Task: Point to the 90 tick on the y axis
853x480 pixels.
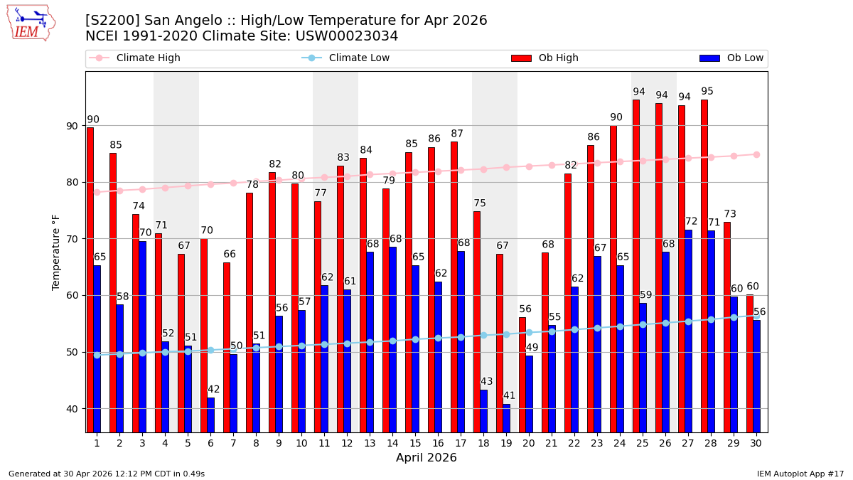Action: click(73, 126)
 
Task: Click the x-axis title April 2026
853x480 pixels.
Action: click(426, 458)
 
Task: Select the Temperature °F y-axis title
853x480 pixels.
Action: click(56, 252)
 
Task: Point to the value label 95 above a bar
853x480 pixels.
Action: click(707, 92)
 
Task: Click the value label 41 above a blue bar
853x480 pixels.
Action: click(509, 396)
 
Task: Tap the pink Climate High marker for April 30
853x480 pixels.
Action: click(756, 154)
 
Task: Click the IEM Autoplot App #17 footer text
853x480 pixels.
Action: click(800, 474)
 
